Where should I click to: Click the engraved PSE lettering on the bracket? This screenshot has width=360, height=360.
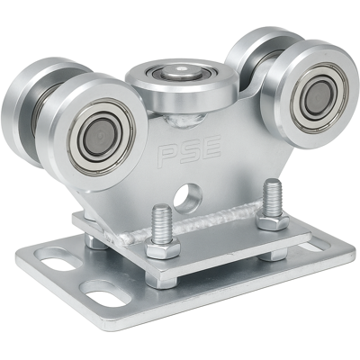coord(190,151)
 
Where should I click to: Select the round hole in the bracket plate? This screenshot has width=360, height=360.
coord(188,196)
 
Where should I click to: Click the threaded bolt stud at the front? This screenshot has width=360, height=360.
coord(161,222)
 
